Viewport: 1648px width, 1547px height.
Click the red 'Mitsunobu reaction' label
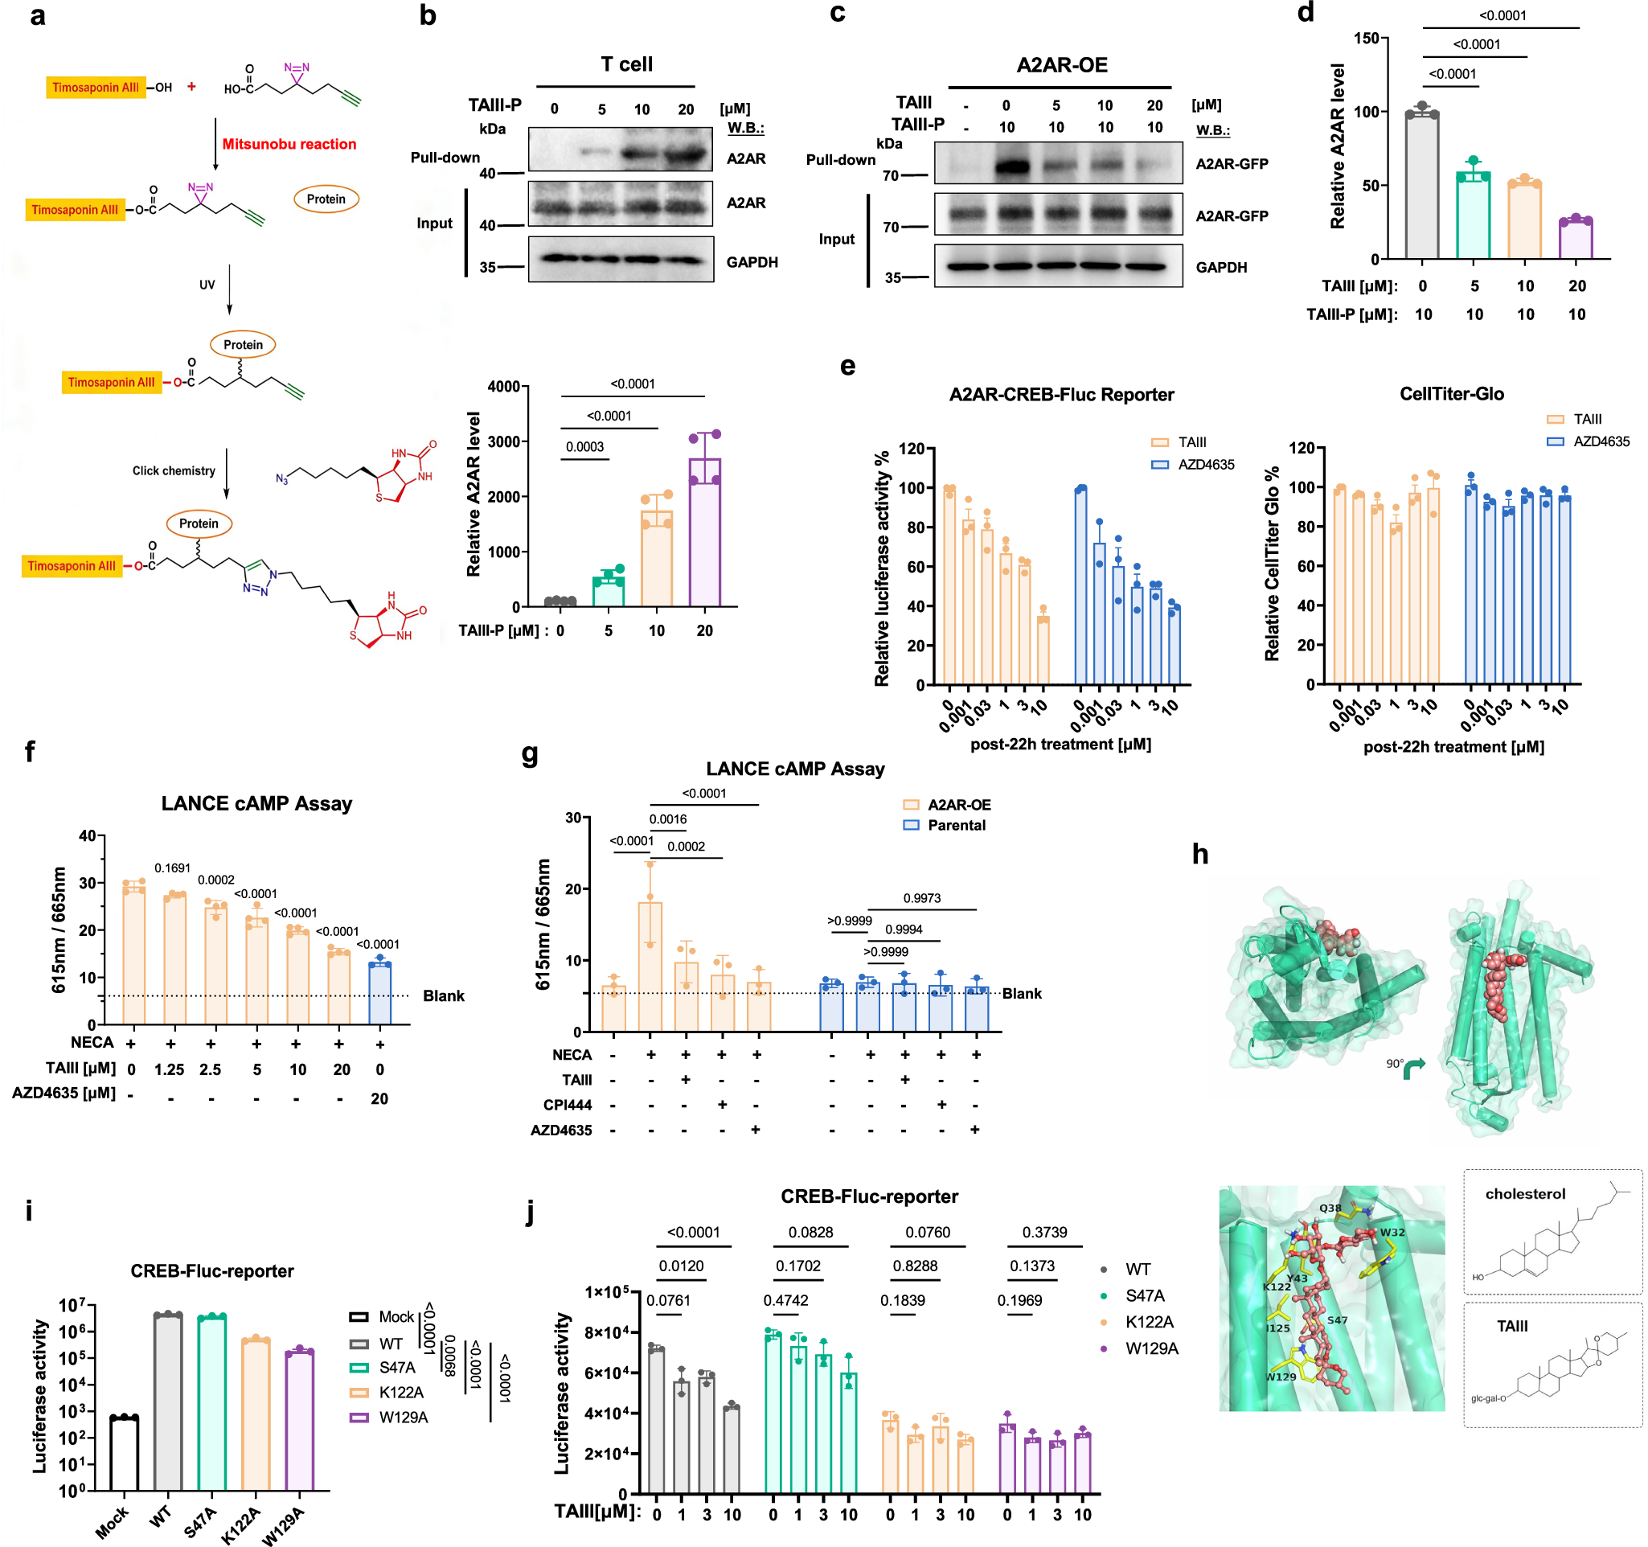click(289, 144)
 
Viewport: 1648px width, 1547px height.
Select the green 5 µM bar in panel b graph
click(609, 591)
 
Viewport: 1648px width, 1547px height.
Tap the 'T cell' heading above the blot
click(626, 64)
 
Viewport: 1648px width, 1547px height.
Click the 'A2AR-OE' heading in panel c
click(1061, 65)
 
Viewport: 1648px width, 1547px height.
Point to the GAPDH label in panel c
click(1220, 268)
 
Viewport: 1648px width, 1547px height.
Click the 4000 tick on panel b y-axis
click(503, 386)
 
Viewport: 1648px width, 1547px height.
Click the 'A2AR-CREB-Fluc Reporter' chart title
click(1061, 395)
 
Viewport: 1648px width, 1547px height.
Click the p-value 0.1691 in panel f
click(172, 868)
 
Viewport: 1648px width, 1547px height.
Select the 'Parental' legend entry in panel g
click(956, 825)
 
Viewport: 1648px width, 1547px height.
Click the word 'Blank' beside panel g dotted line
click(1021, 993)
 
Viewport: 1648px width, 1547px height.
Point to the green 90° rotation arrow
click(1413, 1069)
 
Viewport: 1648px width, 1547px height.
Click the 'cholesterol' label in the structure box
click(1524, 1194)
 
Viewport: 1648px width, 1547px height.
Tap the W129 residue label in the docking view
click(1280, 1377)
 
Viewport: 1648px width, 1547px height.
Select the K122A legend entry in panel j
click(1148, 1323)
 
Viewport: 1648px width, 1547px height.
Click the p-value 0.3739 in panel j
click(1043, 1233)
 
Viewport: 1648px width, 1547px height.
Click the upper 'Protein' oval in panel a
click(326, 199)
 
